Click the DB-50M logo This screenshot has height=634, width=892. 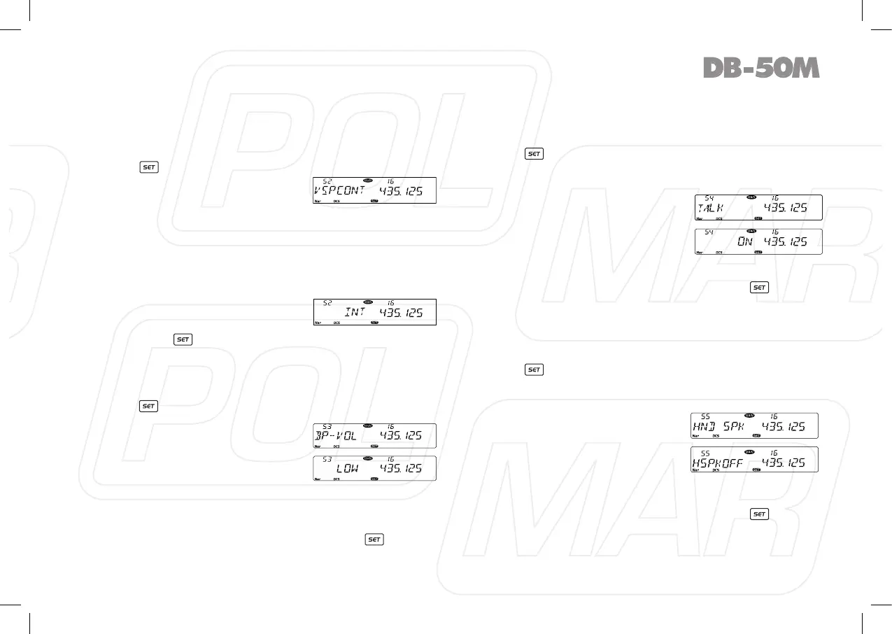pos(760,68)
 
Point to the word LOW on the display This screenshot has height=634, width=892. pos(346,467)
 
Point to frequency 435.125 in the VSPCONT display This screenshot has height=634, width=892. pos(401,192)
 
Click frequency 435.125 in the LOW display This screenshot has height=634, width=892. pos(401,467)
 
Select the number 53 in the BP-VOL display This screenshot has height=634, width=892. pos(327,427)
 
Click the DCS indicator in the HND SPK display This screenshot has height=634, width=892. pos(716,436)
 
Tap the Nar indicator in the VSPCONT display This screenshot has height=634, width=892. pos(318,202)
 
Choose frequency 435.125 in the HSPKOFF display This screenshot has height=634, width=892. pos(784,462)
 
